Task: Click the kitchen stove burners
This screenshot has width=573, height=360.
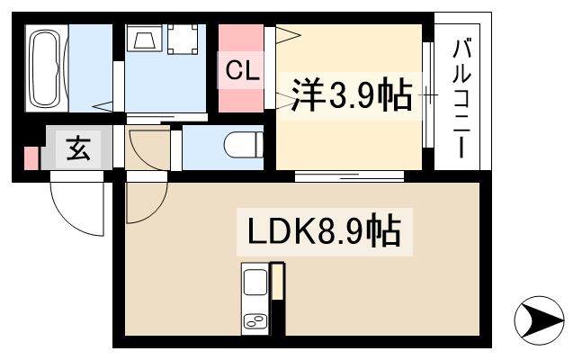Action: pos(255,321)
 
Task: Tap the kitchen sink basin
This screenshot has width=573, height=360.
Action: pos(254,283)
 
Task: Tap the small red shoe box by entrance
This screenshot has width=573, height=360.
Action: pos(32,157)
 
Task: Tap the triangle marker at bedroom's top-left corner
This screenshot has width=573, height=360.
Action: pos(289,35)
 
